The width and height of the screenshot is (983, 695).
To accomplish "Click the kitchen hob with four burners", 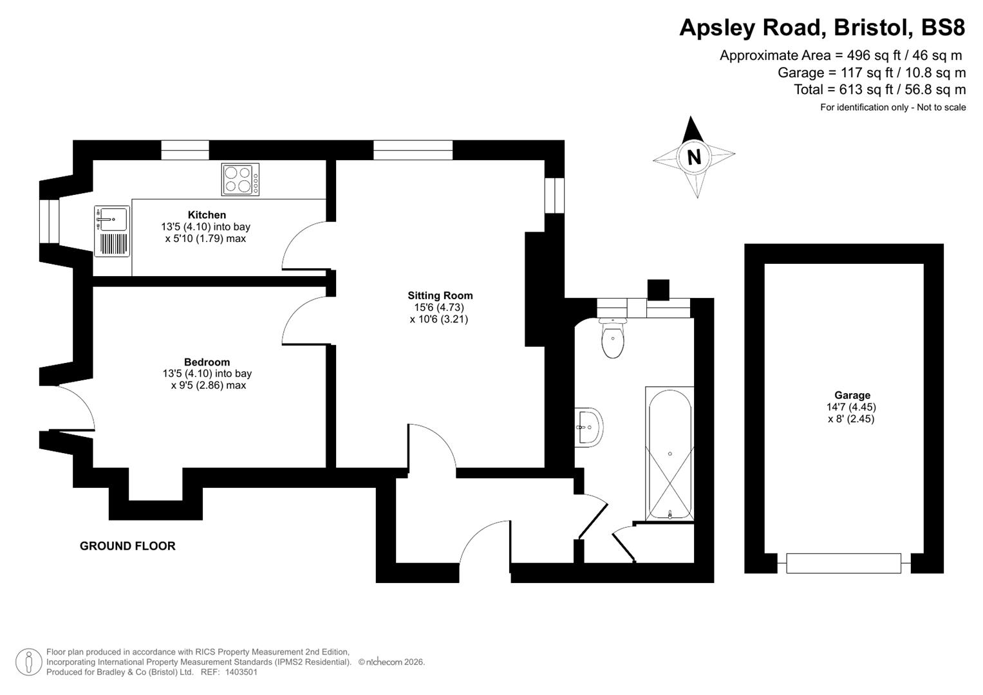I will (240, 179).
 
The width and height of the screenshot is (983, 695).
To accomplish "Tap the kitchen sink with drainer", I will (112, 231).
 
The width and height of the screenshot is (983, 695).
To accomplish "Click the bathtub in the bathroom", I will (669, 453).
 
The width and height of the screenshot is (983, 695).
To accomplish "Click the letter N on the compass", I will (693, 156).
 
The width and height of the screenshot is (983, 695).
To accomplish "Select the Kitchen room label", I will (207, 215).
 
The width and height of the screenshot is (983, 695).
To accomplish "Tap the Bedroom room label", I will (207, 362).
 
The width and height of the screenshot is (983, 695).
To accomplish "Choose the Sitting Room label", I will (440, 296).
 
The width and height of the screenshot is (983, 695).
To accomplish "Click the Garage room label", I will (852, 396).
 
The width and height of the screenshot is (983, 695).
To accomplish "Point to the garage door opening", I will (843, 563).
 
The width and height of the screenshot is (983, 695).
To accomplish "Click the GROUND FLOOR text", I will (127, 546).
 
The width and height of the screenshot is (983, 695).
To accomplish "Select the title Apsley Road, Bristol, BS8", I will (822, 28).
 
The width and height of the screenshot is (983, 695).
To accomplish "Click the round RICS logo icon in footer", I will (28, 662).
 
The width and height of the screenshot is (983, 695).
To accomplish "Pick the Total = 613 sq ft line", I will (879, 89).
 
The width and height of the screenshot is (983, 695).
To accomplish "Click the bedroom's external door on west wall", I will (72, 407).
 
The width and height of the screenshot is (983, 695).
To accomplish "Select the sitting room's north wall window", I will (413, 150).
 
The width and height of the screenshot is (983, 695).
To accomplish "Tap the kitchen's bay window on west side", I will (49, 221).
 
